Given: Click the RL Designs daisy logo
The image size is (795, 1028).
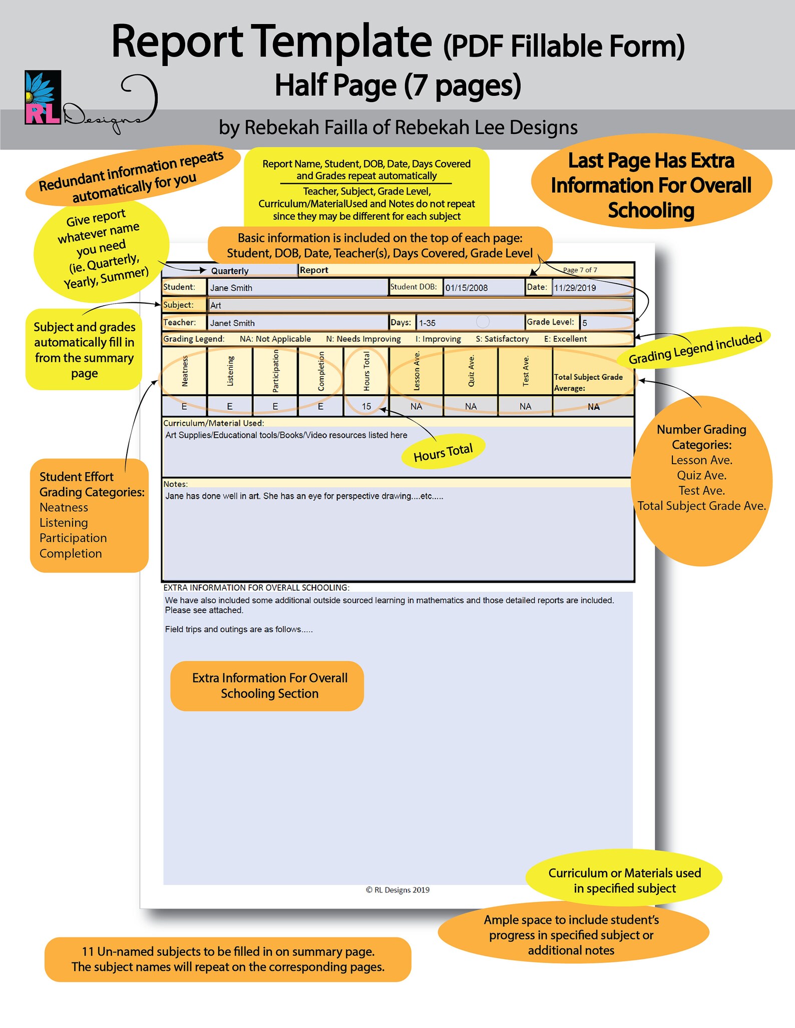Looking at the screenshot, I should tap(43, 98).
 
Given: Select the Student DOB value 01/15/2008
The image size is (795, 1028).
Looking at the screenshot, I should tap(483, 288).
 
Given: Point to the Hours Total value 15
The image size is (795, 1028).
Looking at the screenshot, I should tap(366, 406).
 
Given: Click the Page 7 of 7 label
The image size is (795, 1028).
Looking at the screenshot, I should tap(580, 270).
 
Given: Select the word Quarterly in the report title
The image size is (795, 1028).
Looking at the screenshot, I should tap(230, 271).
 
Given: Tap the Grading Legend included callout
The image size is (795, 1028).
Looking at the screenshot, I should tap(695, 348).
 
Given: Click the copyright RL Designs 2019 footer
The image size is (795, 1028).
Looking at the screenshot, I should tap(397, 890).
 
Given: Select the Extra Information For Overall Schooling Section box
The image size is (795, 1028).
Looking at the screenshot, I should tap(267, 686).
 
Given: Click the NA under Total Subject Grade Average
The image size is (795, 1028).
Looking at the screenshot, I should tap(593, 407).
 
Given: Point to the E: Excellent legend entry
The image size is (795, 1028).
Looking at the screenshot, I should tap(565, 339).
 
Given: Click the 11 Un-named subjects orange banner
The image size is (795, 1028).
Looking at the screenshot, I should tap(228, 959).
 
